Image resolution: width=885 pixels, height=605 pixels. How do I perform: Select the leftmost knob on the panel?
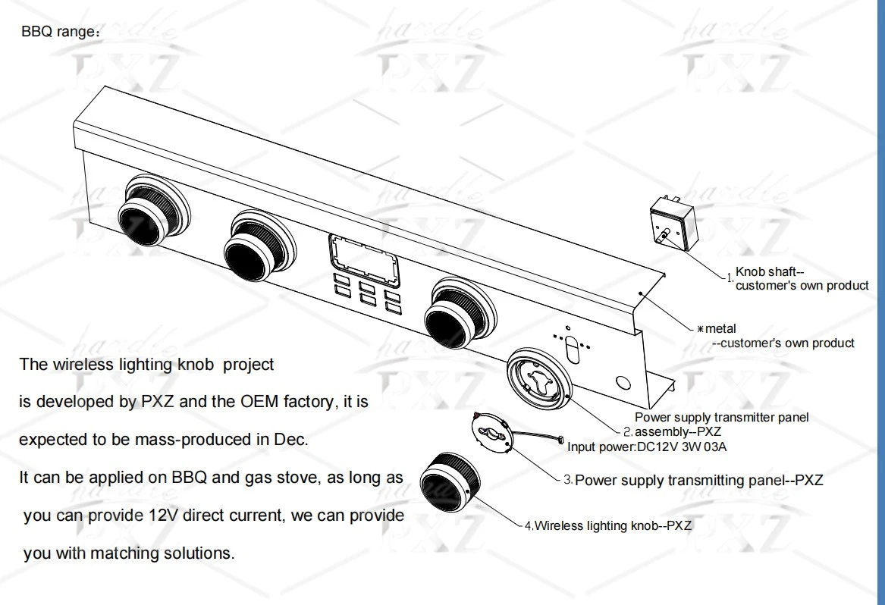pos(152,208)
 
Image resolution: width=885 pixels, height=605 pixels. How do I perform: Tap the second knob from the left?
pos(259,243)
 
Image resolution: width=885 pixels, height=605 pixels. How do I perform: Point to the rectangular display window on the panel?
pos(363,261)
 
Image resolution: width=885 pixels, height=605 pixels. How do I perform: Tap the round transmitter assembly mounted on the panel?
pos(539,375)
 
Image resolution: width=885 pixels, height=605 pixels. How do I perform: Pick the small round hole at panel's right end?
pos(623,383)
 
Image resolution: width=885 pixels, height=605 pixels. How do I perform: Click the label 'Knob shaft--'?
pos(769,272)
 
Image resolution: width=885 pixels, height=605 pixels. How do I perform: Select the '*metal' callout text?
pos(717,328)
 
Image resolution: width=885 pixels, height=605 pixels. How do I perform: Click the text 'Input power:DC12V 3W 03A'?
pos(647,447)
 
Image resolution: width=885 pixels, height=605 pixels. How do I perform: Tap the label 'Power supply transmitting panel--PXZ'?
pos(698,480)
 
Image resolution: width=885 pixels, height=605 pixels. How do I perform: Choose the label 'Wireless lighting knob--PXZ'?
pos(613,525)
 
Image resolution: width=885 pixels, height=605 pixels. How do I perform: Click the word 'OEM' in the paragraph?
pos(259,402)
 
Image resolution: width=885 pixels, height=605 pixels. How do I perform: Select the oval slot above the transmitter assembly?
pos(572,350)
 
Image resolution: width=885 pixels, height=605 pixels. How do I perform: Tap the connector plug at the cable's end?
pos(560,440)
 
